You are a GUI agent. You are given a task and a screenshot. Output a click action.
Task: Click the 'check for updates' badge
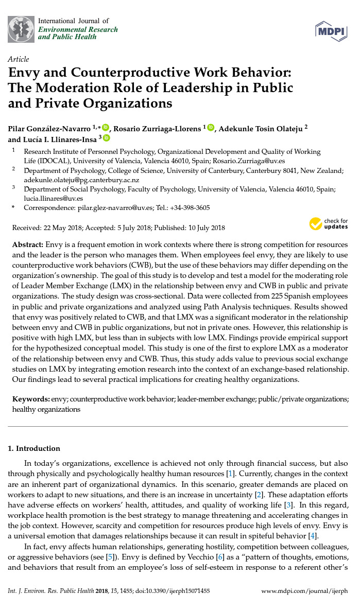(328, 224)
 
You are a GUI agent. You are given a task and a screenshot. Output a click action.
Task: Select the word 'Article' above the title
(19, 59)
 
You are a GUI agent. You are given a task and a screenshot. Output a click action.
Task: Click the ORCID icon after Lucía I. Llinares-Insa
(107, 138)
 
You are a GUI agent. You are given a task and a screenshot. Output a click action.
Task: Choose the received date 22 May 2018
(63, 228)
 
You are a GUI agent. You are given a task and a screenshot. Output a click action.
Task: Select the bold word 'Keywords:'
(31, 399)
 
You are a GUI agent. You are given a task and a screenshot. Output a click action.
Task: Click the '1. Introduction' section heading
(34, 448)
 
